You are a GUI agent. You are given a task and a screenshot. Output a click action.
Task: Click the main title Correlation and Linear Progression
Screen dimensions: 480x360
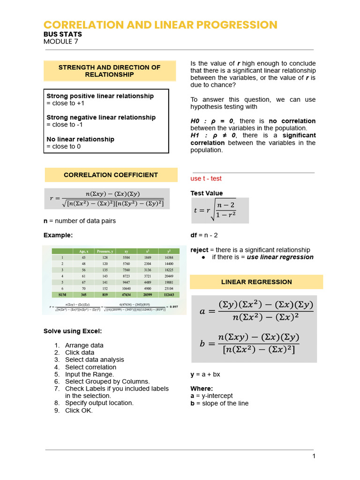pos(160,25)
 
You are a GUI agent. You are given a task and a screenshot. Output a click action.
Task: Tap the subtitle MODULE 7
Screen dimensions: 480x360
pos(60,42)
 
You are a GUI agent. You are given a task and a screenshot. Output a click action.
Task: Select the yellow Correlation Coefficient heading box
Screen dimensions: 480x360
pos(111,175)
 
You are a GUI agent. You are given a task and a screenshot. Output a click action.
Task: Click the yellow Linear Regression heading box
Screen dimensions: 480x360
pos(256,282)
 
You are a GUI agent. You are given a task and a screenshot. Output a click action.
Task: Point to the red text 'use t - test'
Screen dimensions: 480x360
pos(206,179)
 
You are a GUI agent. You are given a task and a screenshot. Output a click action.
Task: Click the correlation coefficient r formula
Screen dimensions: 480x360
pos(107,198)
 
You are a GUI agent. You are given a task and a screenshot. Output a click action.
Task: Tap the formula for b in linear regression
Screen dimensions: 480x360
pos(250,343)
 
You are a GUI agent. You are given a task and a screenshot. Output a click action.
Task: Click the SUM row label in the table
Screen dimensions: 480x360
pos(62,295)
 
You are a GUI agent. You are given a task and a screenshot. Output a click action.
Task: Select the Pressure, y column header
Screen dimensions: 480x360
pos(105,252)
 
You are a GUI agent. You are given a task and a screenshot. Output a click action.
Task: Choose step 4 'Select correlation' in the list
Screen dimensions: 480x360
pos(90,367)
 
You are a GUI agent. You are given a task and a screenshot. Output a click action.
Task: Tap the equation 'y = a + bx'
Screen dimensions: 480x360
pos(205,375)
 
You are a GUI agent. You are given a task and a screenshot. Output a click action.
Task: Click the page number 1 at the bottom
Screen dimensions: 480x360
pos(314,456)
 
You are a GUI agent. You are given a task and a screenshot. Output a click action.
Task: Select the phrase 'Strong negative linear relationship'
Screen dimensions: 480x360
pos(101,118)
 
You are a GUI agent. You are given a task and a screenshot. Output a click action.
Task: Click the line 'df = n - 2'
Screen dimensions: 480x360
pos(204,235)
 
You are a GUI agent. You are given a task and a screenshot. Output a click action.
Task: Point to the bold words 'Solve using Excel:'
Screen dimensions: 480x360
pos(73,331)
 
